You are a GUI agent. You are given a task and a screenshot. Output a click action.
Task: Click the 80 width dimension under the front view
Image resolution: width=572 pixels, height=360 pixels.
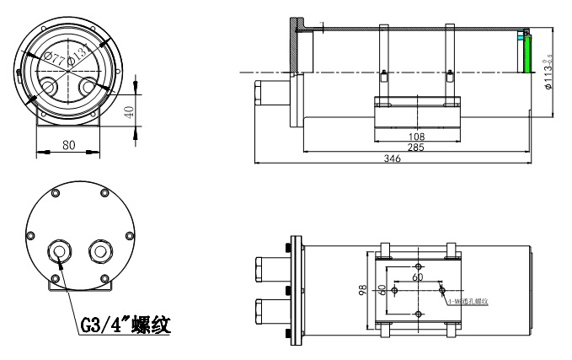69,144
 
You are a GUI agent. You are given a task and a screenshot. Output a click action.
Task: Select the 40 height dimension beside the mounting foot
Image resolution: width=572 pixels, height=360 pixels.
129,111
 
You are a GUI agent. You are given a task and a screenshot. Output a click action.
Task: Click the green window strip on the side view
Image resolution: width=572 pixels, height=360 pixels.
526,56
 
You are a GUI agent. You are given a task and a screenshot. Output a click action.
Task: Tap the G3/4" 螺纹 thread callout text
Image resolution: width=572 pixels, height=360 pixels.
126,324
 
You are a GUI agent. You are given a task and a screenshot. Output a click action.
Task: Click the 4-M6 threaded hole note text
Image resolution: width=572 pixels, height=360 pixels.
471,301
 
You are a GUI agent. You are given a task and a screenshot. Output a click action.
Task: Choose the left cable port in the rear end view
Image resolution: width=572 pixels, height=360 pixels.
61,250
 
